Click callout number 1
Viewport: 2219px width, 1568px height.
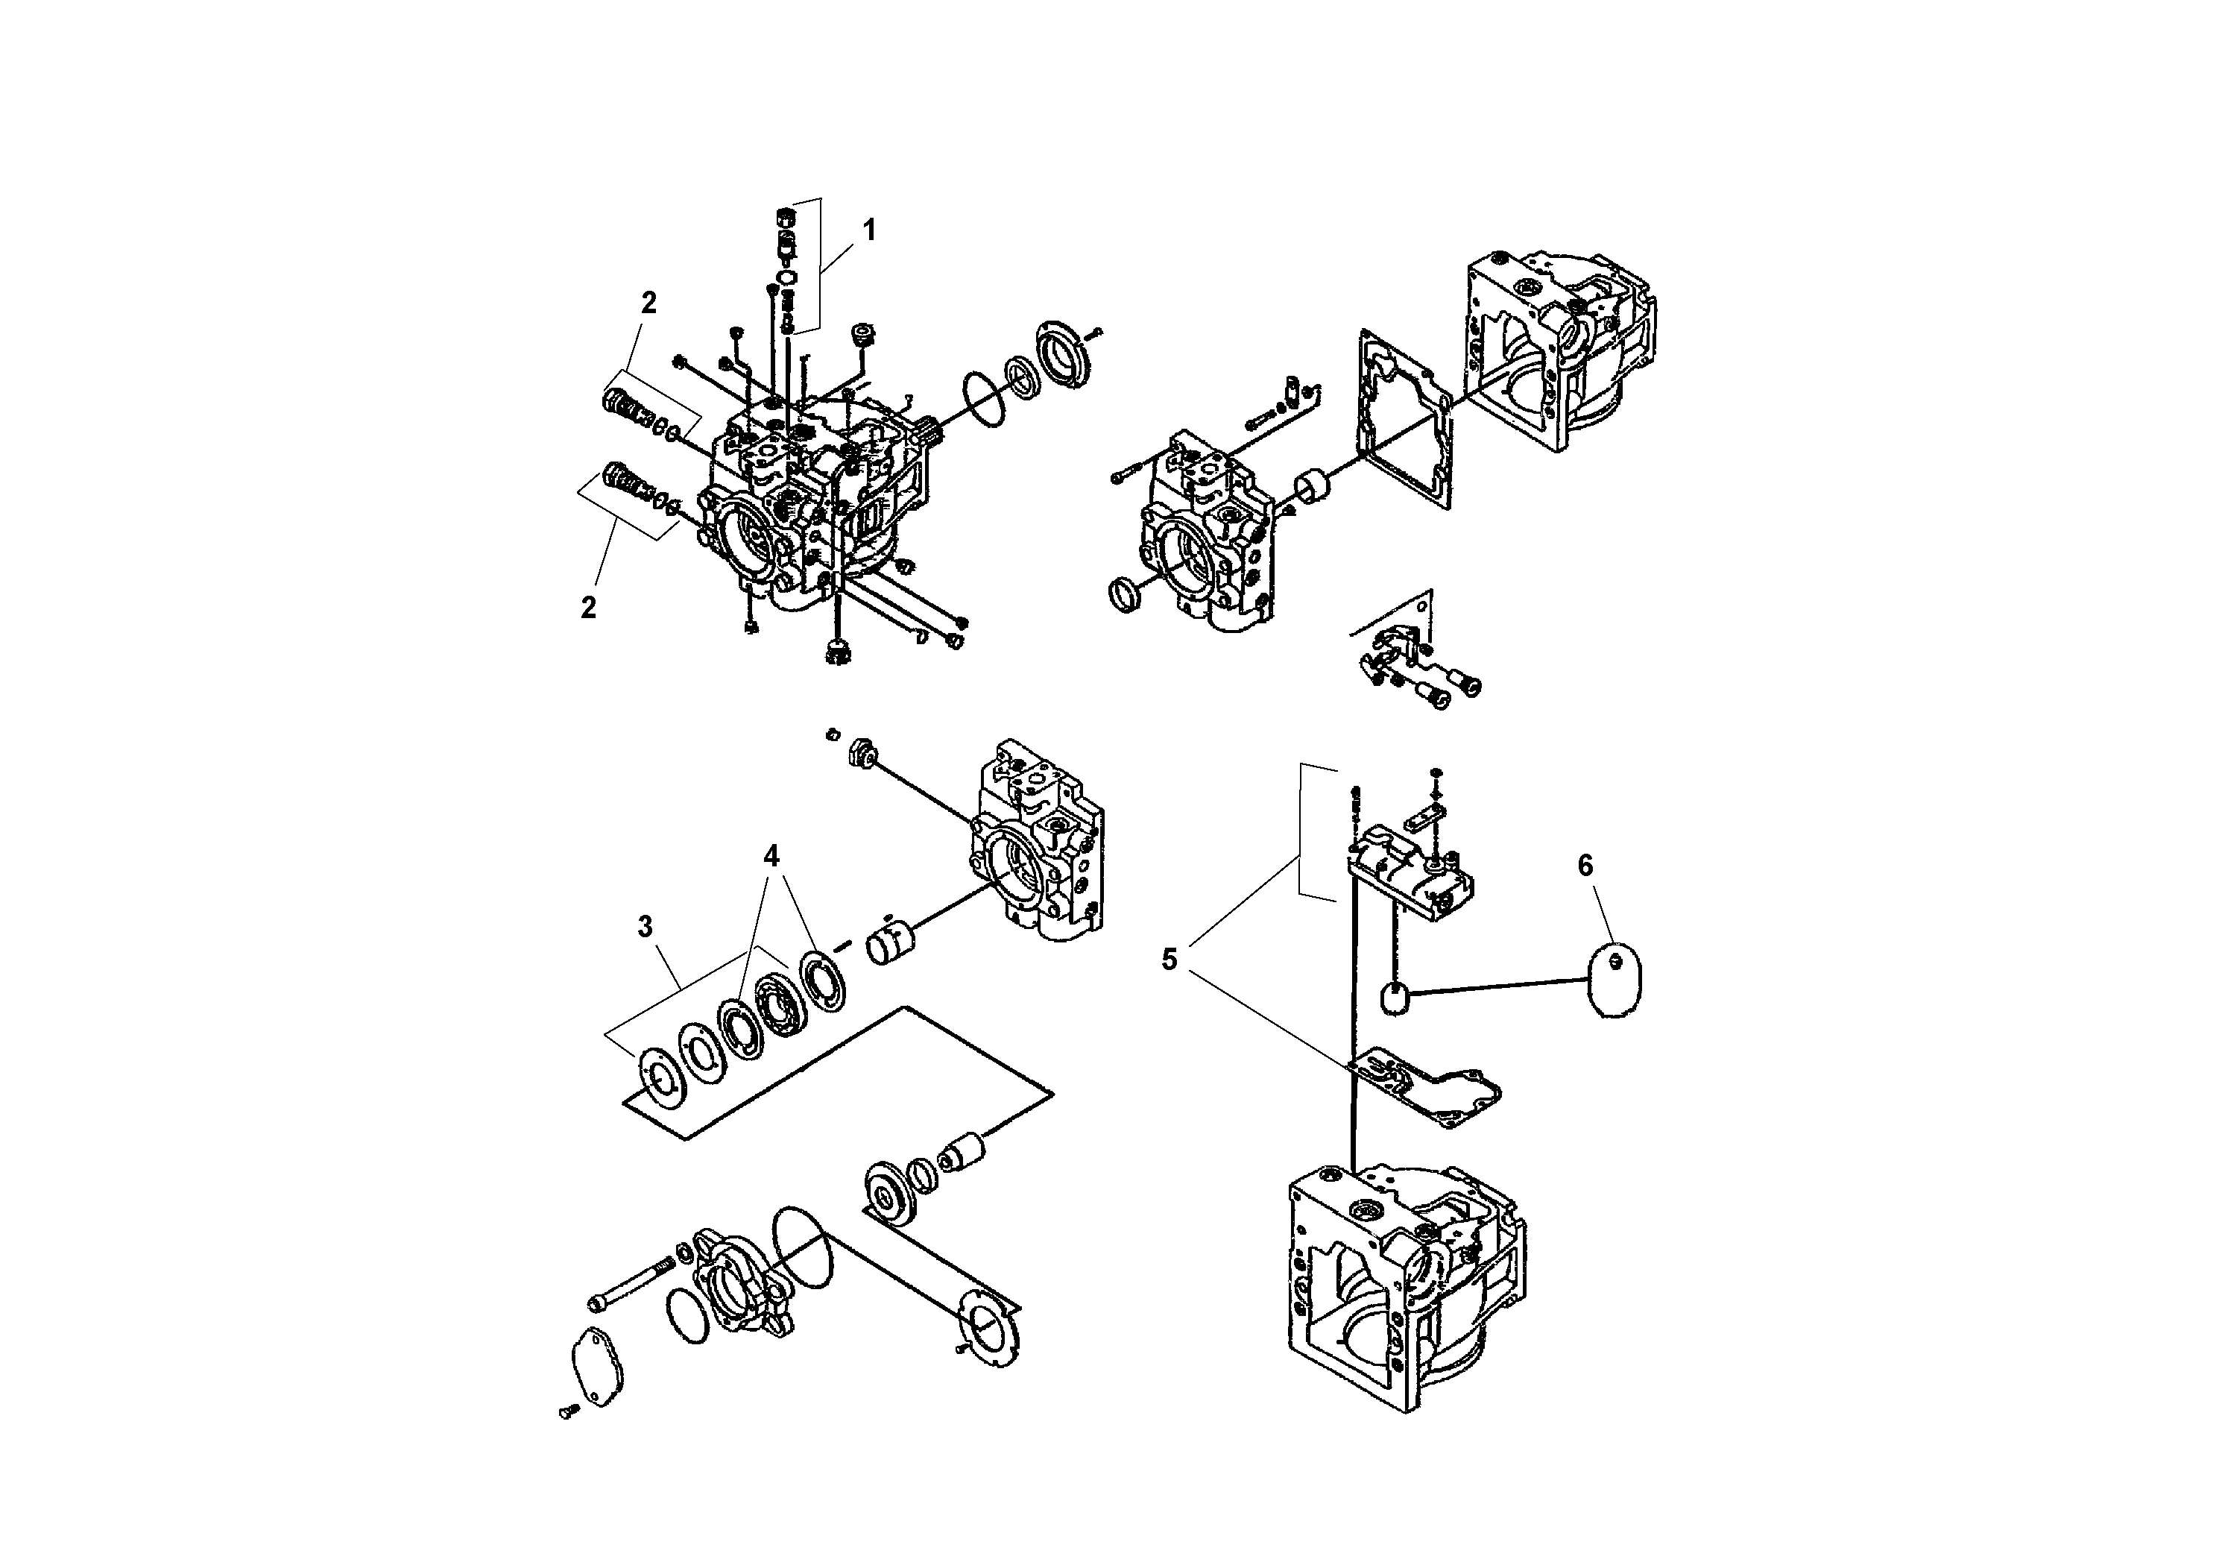tap(869, 231)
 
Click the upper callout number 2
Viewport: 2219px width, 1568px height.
tap(648, 303)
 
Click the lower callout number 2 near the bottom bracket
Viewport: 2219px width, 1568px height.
tap(587, 608)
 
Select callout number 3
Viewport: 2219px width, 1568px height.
tap(646, 927)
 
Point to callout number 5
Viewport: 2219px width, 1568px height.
tap(1170, 960)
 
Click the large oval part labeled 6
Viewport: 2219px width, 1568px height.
tap(1616, 979)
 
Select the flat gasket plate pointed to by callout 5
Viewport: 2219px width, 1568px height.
tap(1425, 1093)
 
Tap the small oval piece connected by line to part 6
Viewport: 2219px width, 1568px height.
tap(1395, 998)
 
